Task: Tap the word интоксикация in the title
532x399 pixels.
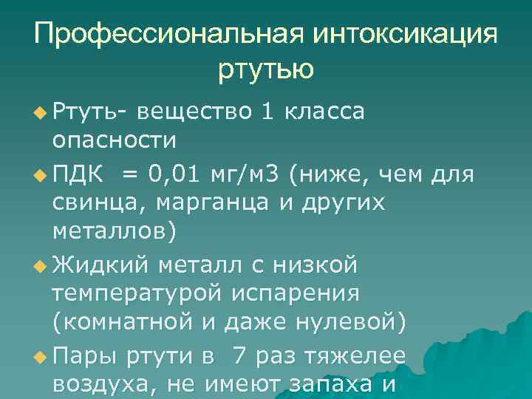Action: [x=405, y=35]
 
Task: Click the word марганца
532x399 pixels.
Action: [x=214, y=202]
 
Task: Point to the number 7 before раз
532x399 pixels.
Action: [x=239, y=355]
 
